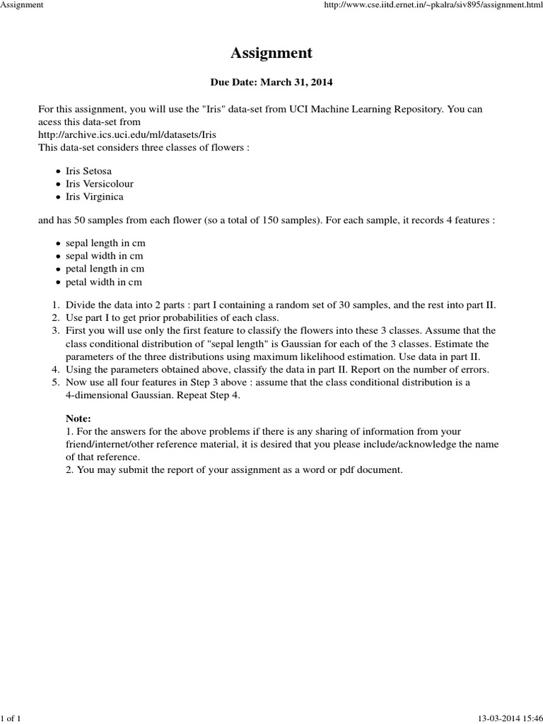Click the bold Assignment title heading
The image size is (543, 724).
pos(271,53)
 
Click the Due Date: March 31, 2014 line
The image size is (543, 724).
pos(271,83)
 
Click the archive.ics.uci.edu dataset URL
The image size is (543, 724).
pos(127,134)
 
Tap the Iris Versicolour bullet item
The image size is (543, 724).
pos(100,184)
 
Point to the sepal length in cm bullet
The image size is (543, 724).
pos(105,243)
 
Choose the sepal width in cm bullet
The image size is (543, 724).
pos(105,256)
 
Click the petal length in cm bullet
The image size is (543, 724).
pos(105,269)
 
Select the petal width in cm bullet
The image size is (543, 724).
pos(104,282)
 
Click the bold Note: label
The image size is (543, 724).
pos(78,419)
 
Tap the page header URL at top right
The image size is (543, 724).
pos(433,6)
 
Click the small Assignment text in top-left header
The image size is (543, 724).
pos(23,6)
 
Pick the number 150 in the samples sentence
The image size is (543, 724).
pos(288,220)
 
